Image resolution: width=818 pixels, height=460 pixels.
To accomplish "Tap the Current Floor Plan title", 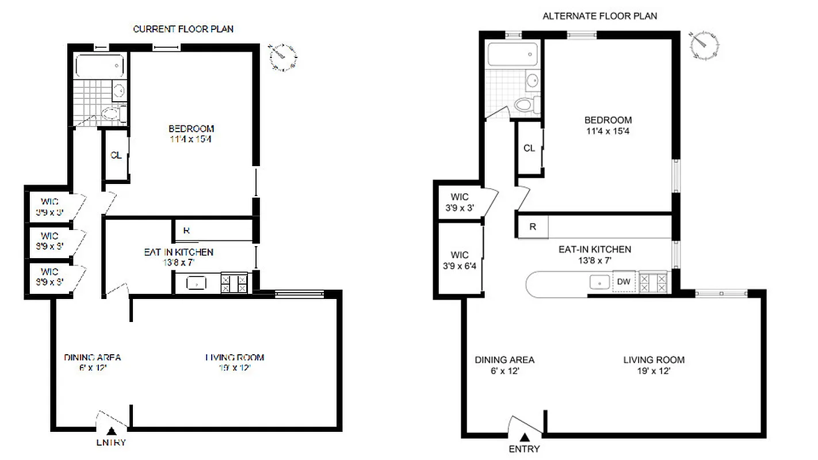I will tap(183, 29).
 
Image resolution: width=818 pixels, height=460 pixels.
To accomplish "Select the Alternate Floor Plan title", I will tap(599, 16).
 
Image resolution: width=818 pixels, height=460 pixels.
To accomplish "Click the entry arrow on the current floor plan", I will tap(112, 431).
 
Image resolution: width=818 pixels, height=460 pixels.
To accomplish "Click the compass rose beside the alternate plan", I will tap(705, 45).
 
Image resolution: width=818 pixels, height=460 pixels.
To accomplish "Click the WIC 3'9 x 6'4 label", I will tap(460, 260).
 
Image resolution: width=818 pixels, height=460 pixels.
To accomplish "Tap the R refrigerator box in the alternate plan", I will tap(533, 227).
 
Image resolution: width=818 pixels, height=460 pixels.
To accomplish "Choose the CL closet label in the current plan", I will tap(116, 155).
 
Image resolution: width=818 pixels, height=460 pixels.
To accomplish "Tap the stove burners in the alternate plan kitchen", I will tap(654, 282).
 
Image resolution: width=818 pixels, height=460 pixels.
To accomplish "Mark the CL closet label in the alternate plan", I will tap(529, 148).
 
